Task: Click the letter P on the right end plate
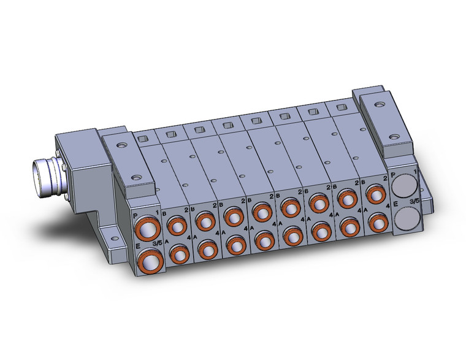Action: pos(393,175)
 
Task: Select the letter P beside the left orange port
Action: pos(135,216)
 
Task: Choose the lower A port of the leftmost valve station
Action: pos(178,254)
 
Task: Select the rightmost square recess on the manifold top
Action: pos(338,107)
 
